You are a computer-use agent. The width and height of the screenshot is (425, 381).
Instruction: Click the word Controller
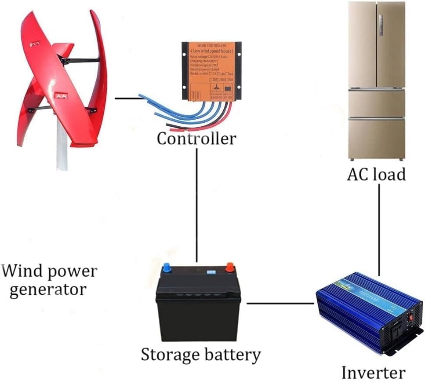click(196, 139)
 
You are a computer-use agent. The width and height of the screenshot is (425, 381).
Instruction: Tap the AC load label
click(376, 175)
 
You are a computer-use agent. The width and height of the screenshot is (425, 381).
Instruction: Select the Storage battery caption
click(201, 354)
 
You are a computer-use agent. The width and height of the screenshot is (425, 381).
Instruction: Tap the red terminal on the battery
click(229, 267)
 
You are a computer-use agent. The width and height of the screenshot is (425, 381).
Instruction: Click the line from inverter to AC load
click(379, 229)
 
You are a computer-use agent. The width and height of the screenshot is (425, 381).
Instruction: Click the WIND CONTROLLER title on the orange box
click(211, 46)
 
